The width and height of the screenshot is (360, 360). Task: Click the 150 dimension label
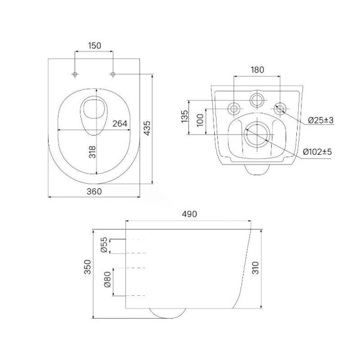pyautogui.click(x=95, y=46)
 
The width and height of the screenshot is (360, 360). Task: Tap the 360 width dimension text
pyautogui.click(x=94, y=191)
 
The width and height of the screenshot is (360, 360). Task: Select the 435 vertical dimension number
pyautogui.click(x=147, y=128)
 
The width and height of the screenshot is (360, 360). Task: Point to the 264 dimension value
pyautogui.click(x=119, y=124)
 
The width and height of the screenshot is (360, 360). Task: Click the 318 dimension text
pyautogui.click(x=92, y=152)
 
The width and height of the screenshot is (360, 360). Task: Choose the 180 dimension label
pyautogui.click(x=257, y=70)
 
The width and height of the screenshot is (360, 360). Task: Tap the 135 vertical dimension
pyautogui.click(x=185, y=116)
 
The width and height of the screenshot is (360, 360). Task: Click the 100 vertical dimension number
pyautogui.click(x=200, y=120)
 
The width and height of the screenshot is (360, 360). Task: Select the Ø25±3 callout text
pyautogui.click(x=321, y=120)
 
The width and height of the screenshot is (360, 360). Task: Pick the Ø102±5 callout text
pyautogui.click(x=317, y=152)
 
